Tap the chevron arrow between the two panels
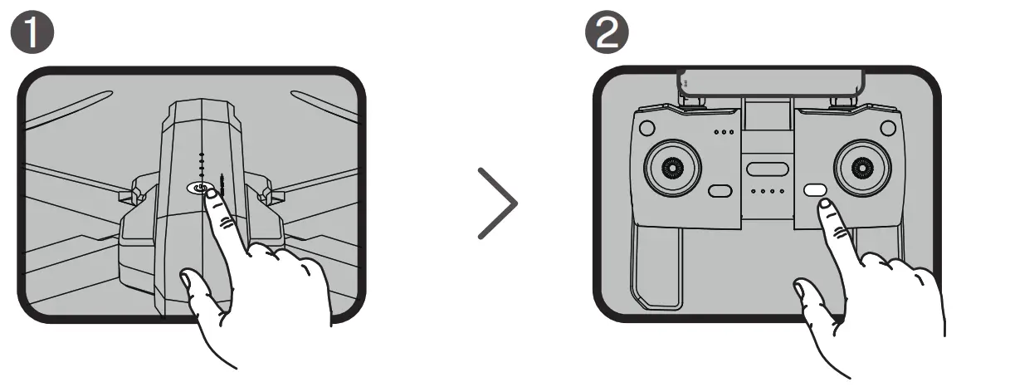click(498, 203)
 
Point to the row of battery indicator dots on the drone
click(201, 166)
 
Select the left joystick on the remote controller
click(671, 168)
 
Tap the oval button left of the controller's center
click(719, 192)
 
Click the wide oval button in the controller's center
click(767, 169)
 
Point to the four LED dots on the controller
click(767, 192)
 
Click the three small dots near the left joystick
click(724, 132)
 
